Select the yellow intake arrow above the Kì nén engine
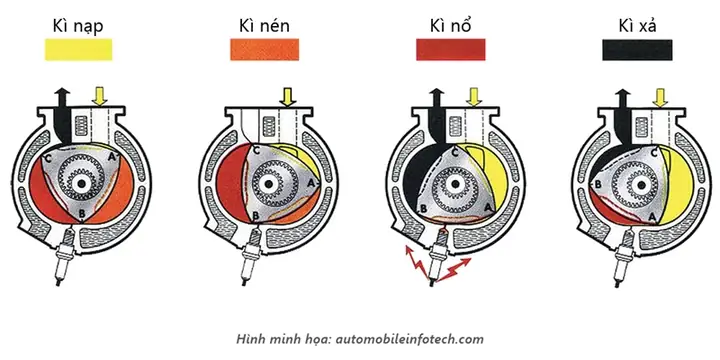coord(287,96)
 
